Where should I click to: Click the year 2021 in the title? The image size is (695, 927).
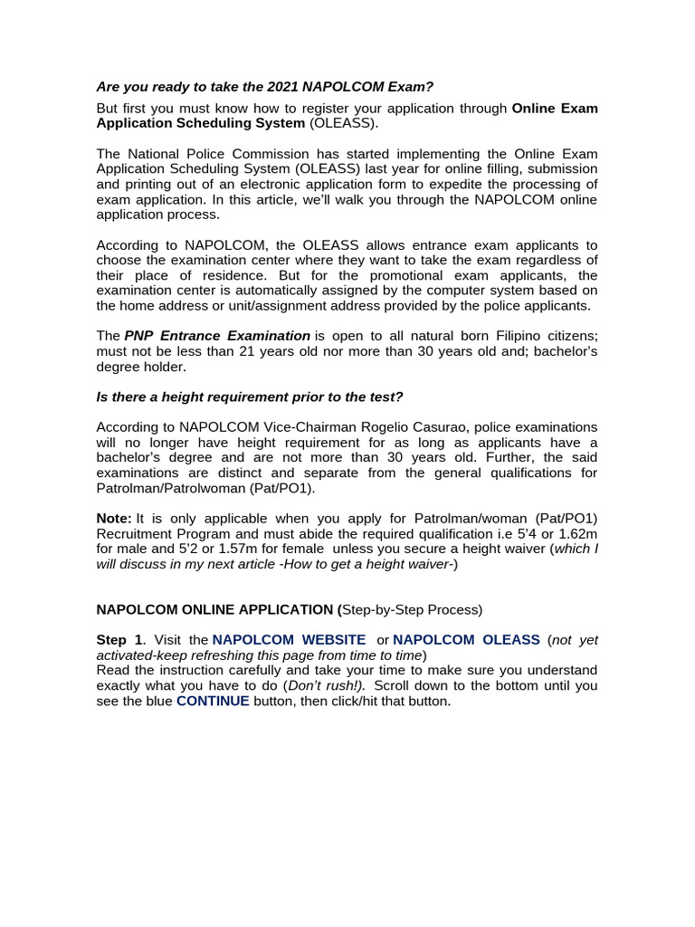tap(284, 88)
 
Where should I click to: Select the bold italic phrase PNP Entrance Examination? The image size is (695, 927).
tap(217, 336)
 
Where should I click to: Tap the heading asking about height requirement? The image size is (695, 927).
tap(250, 397)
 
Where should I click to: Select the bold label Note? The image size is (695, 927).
tap(114, 518)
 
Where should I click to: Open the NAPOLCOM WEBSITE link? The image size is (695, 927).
tap(289, 640)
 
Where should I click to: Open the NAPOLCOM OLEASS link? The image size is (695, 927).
tap(466, 640)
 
